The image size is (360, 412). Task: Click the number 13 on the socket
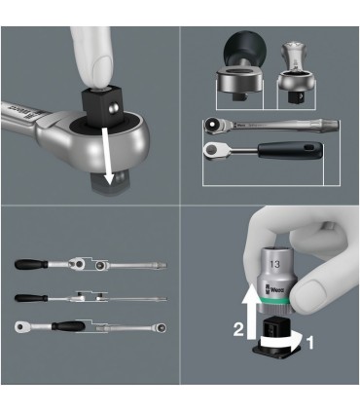pyautogui.click(x=277, y=262)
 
